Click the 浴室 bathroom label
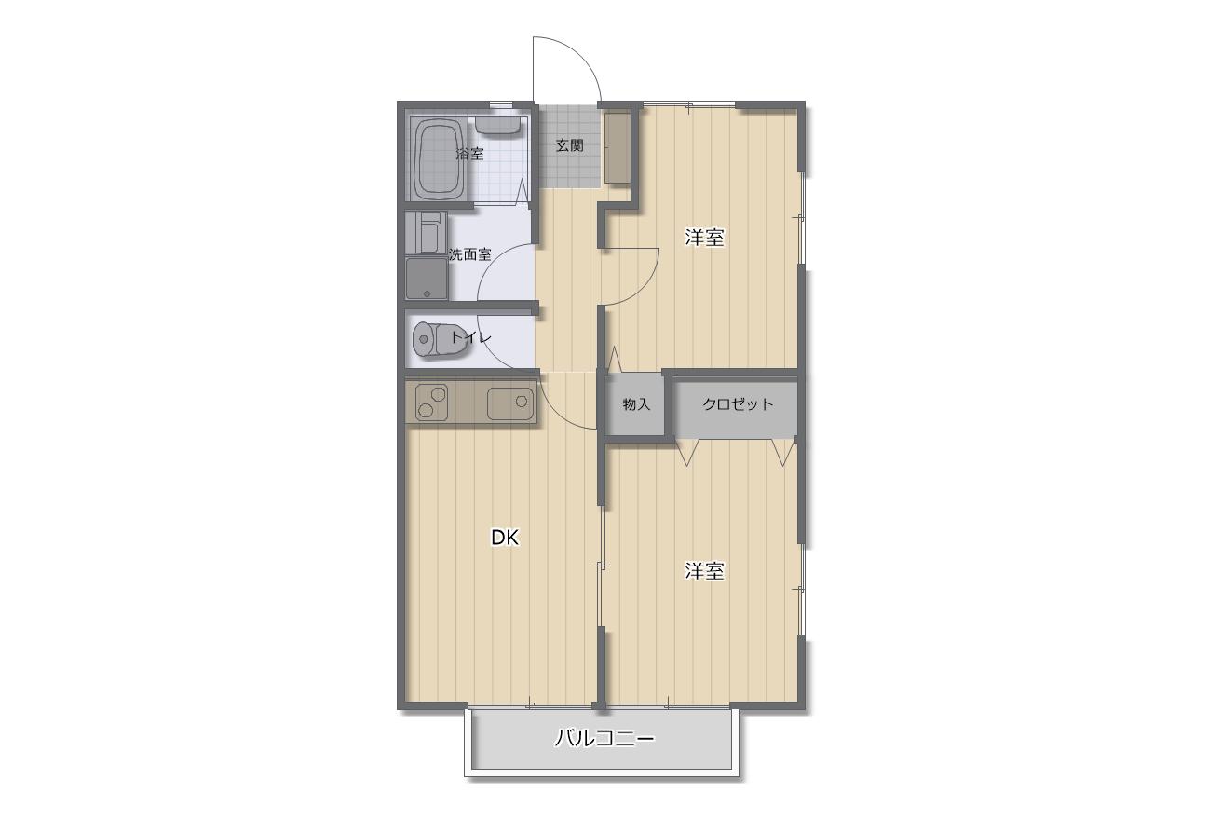click(x=469, y=155)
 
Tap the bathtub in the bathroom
click(x=439, y=159)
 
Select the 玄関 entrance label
click(x=570, y=145)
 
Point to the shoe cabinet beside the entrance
click(x=617, y=147)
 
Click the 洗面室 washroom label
click(x=470, y=254)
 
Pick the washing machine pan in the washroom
click(x=427, y=279)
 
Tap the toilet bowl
click(x=440, y=340)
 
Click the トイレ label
click(x=470, y=338)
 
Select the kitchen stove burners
click(x=432, y=403)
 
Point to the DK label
click(x=505, y=538)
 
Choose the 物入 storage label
click(x=636, y=404)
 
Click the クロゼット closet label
click(x=738, y=404)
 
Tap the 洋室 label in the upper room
click(x=704, y=238)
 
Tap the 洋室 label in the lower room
click(x=704, y=571)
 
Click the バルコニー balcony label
click(x=604, y=738)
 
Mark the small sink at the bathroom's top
click(x=497, y=125)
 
